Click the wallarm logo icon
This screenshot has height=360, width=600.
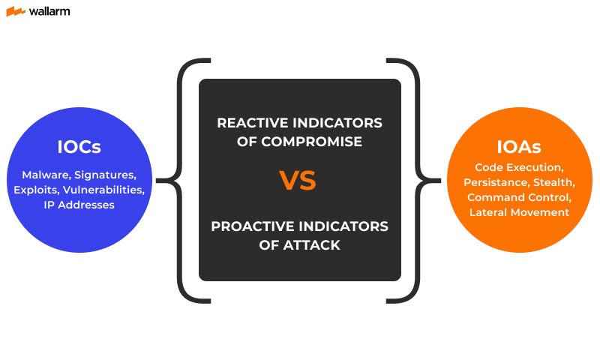[x=16, y=12]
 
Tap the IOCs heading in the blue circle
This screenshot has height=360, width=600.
[x=79, y=147]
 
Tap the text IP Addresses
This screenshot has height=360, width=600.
[x=79, y=204]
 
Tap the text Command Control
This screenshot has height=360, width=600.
[x=519, y=197]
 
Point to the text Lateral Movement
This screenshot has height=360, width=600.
[x=519, y=212]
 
